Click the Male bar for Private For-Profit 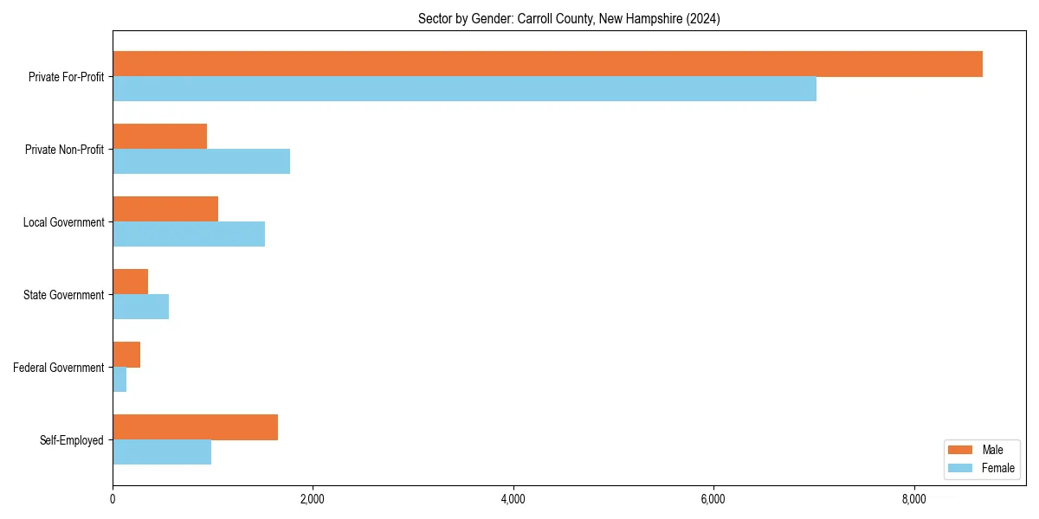coord(547,64)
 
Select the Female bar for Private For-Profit coord(464,89)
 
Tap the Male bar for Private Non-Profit coord(159,137)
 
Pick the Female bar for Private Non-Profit coord(201,162)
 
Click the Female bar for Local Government coord(189,234)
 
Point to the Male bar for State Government coord(130,282)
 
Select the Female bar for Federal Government coord(119,380)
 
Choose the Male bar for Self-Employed coord(195,427)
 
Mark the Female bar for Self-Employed coord(162,452)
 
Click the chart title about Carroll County coord(569,18)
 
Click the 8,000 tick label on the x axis coord(913,499)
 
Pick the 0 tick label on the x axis coord(113,499)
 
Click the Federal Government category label coord(59,368)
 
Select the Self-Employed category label coord(72,440)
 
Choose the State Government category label coord(64,295)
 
